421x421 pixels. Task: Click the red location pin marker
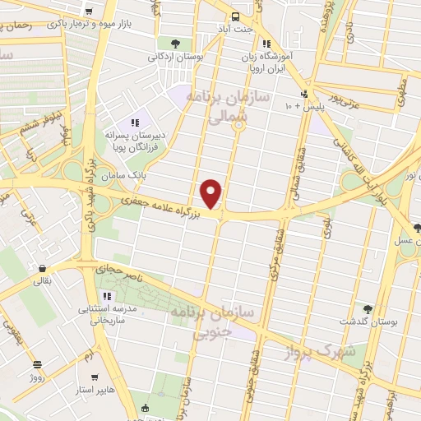point(212,194)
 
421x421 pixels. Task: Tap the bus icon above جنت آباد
point(236,16)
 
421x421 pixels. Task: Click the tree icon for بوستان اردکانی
point(173,44)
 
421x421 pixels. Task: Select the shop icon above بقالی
point(40,268)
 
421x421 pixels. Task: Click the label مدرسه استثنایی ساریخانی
point(102,314)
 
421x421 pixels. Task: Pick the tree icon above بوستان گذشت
point(367,309)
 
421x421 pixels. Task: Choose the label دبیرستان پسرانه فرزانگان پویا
point(133,138)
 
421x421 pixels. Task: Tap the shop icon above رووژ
point(36,363)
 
